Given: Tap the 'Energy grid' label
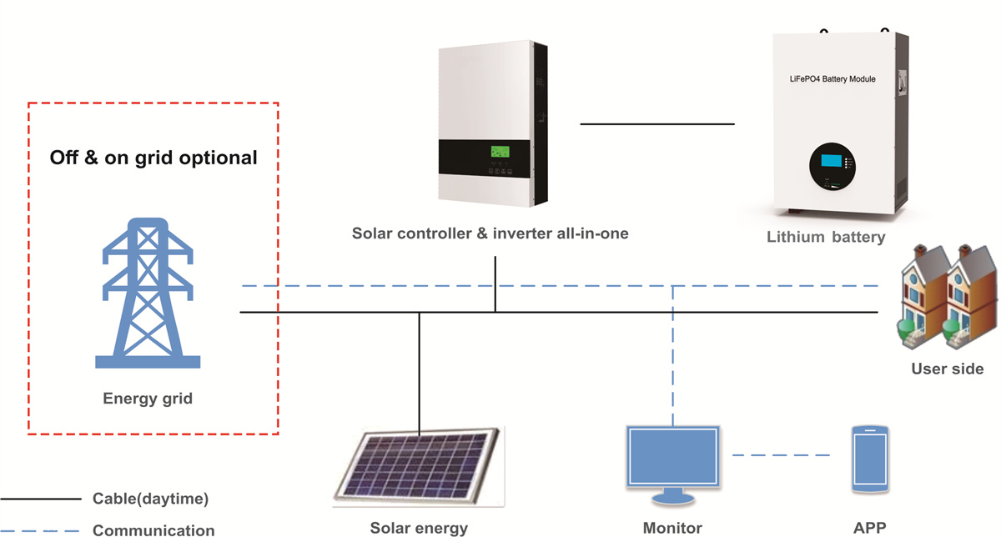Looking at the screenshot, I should (x=148, y=399).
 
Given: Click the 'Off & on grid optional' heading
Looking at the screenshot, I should (x=153, y=158).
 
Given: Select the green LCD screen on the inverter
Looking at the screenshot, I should (x=500, y=153).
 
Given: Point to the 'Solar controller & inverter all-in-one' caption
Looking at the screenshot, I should (x=490, y=233).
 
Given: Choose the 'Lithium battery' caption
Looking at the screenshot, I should (x=826, y=238).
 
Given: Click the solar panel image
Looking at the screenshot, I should (x=419, y=467).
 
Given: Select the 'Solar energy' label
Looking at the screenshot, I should (x=419, y=528).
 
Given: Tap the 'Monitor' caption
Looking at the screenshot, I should (x=672, y=528).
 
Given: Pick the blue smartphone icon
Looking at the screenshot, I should (x=869, y=459).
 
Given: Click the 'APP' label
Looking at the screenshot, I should (x=869, y=528).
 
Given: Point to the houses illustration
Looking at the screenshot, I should (x=946, y=296).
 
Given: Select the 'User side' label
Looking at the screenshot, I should (x=948, y=369).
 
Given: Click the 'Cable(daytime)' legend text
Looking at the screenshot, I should (x=150, y=499).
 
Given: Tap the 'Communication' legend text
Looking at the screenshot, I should (x=153, y=529).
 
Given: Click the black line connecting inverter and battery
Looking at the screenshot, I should (x=657, y=124).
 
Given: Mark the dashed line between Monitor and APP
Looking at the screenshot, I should (x=782, y=455).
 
